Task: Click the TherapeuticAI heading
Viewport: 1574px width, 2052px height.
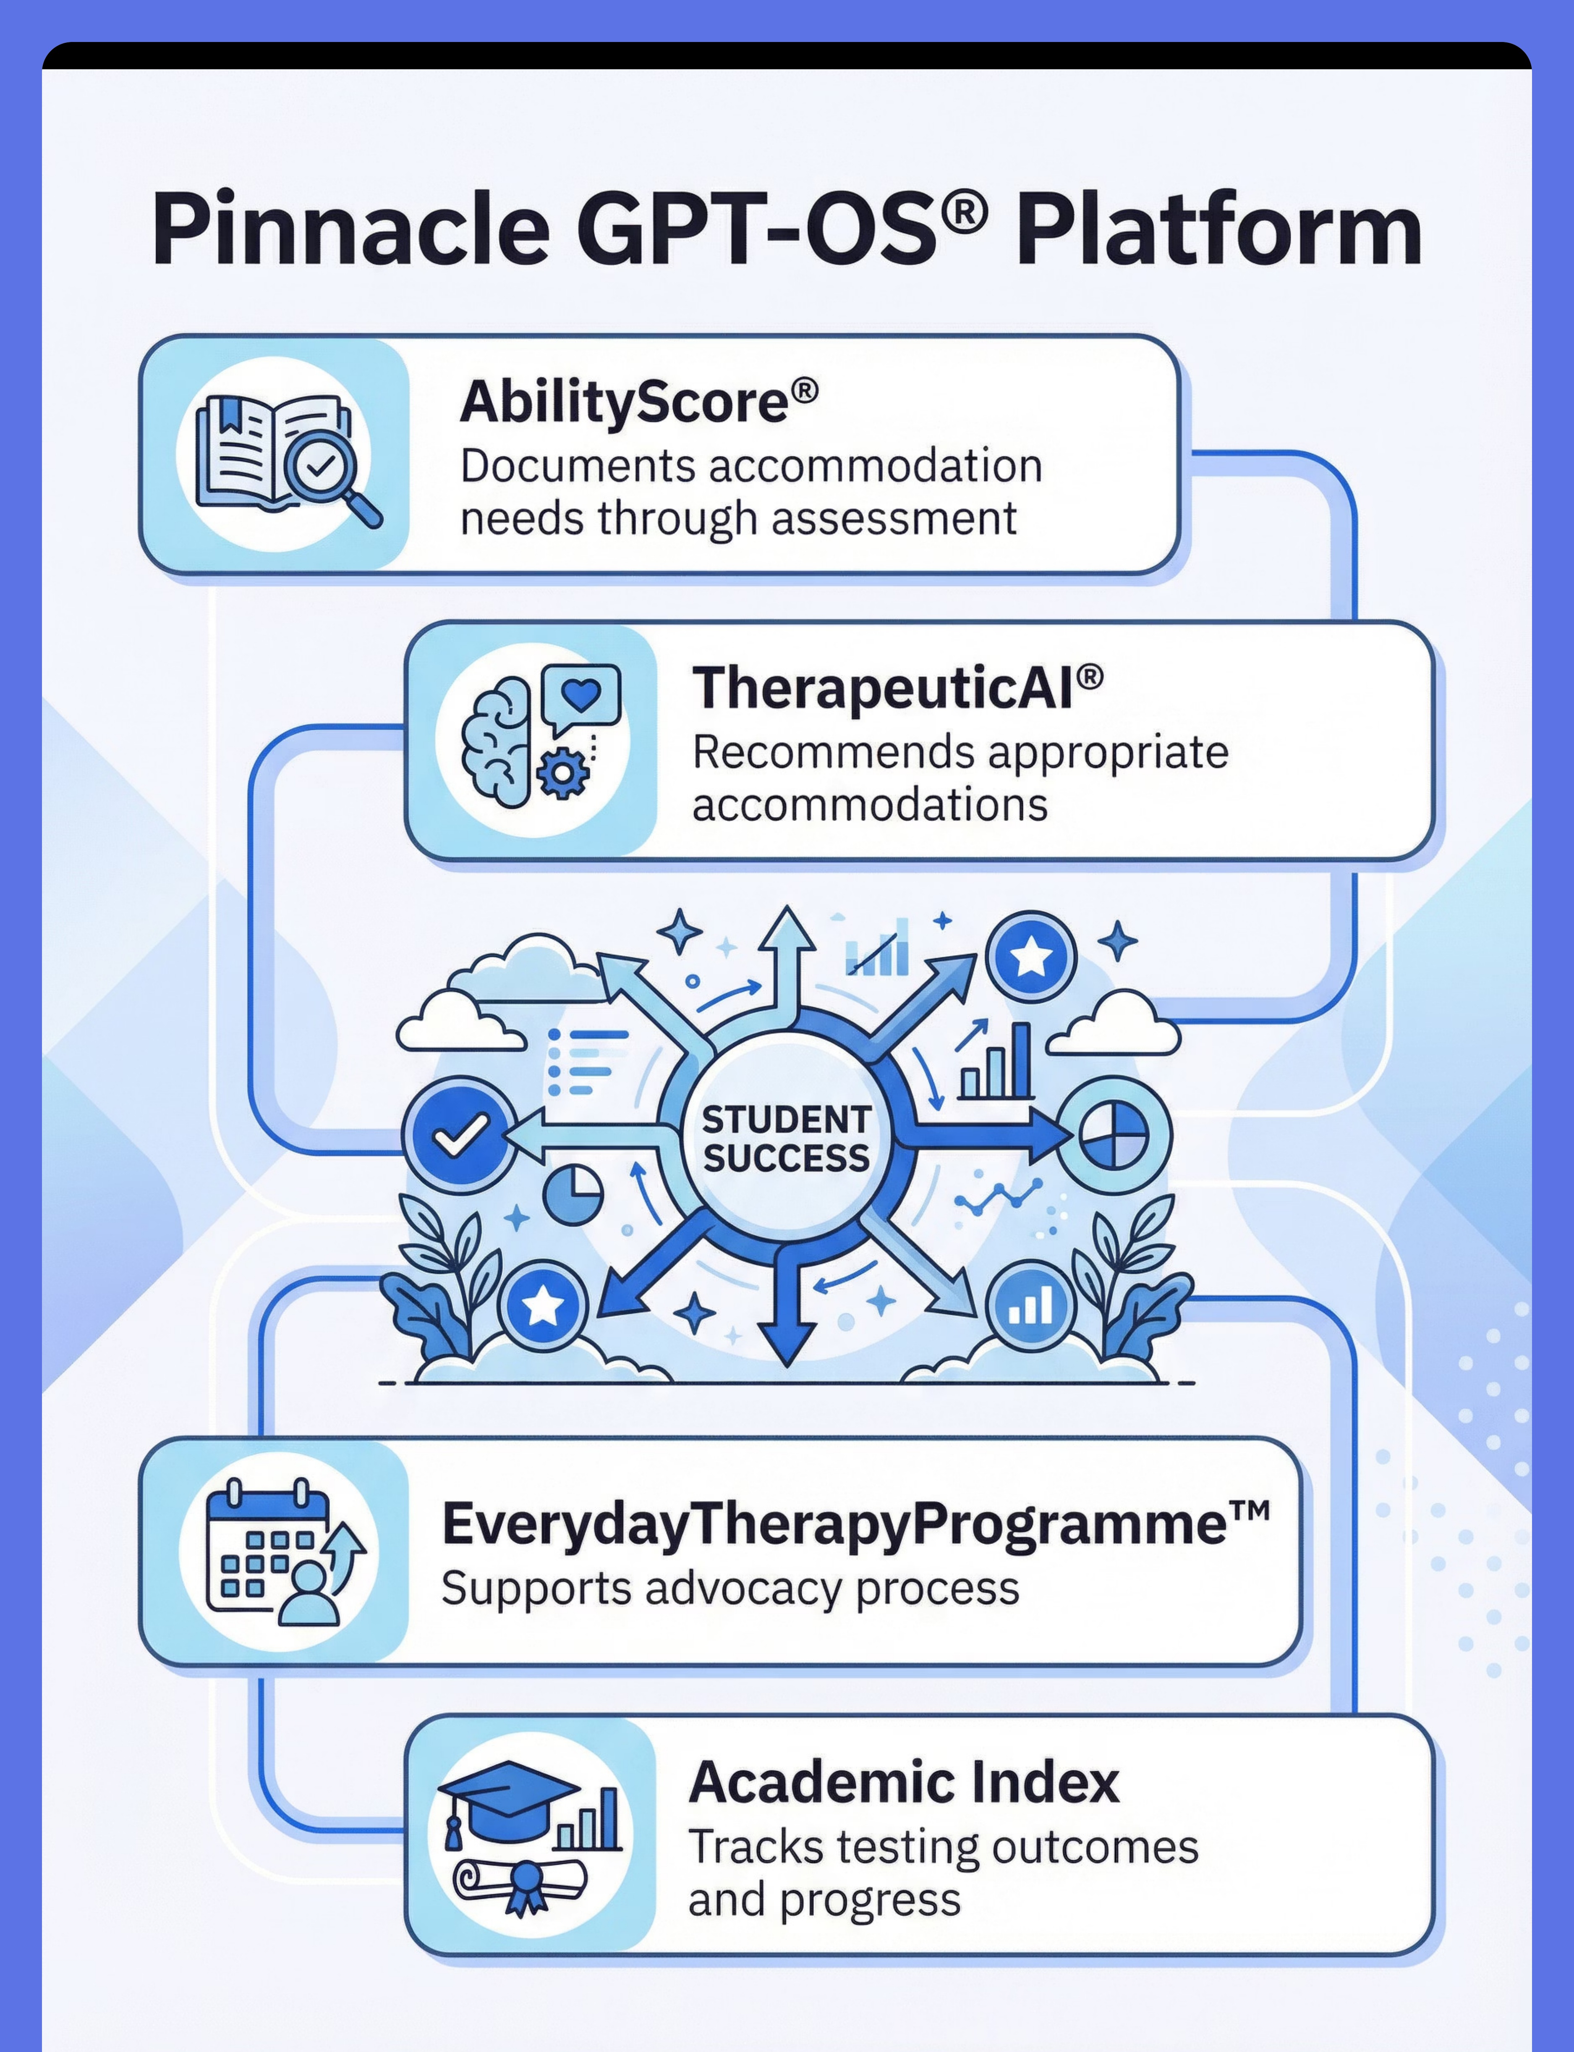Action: tap(897, 688)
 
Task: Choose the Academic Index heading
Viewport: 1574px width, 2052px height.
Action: tap(904, 1782)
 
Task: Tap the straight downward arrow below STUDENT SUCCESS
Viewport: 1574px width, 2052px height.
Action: tap(786, 1302)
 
